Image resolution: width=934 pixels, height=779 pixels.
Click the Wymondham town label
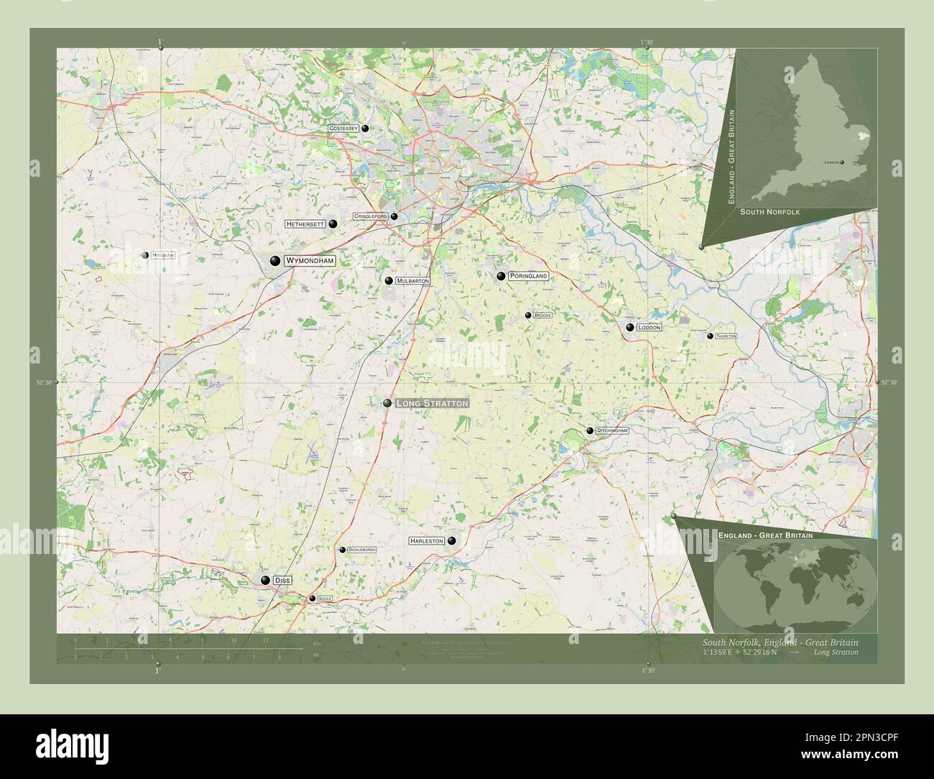pyautogui.click(x=310, y=261)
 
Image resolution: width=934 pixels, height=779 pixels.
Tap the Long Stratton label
pyautogui.click(x=432, y=404)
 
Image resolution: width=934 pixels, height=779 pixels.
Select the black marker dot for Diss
pyautogui.click(x=266, y=580)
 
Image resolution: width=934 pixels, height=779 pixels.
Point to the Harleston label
pyautogui.click(x=427, y=540)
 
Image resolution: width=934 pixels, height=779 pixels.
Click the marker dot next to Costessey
pyautogui.click(x=366, y=129)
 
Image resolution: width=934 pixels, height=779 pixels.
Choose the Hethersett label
pyautogui.click(x=305, y=224)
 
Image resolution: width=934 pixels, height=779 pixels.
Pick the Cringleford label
pyautogui.click(x=370, y=216)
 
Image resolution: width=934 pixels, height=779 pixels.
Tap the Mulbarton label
pyautogui.click(x=412, y=281)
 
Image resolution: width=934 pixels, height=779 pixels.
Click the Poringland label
pyautogui.click(x=528, y=276)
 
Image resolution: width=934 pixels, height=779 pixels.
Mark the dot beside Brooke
pyautogui.click(x=528, y=315)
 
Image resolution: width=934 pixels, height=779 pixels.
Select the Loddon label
pyautogui.click(x=649, y=327)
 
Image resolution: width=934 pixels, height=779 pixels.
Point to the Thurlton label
pyautogui.click(x=726, y=336)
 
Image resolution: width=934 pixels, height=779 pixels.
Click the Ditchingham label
pyautogui.click(x=612, y=430)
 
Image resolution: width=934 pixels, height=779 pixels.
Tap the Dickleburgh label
pyautogui.click(x=361, y=550)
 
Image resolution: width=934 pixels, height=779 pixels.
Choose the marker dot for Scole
pyautogui.click(x=312, y=599)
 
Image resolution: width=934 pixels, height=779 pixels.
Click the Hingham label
pyautogui.click(x=162, y=255)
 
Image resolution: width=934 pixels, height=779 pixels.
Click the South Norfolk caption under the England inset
pyautogui.click(x=769, y=212)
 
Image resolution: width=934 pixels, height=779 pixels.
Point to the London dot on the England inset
pyautogui.click(x=842, y=163)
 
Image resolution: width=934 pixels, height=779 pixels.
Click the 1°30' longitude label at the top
pyautogui.click(x=648, y=42)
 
